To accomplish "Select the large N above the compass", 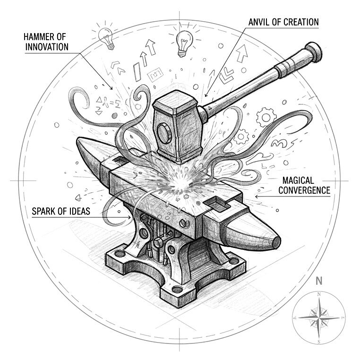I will pyautogui.click(x=319, y=280).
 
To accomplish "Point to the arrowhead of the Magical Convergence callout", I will pyautogui.click(x=256, y=196).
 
